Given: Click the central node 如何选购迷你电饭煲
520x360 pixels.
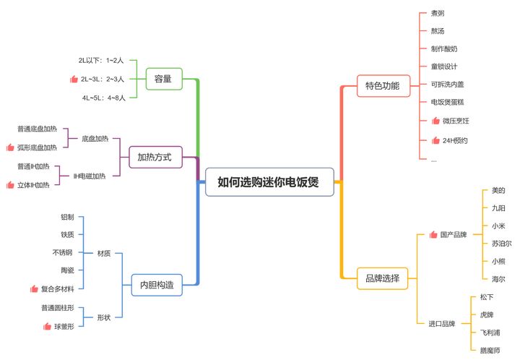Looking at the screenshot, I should pyautogui.click(x=270, y=182).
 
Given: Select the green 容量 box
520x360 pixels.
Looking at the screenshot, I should pyautogui.click(x=163, y=78).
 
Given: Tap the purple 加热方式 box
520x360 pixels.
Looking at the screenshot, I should pyautogui.click(x=155, y=156).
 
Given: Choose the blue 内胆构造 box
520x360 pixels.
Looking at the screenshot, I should pyautogui.click(x=156, y=285).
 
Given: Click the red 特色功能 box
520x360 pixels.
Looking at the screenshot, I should pyautogui.click(x=382, y=85).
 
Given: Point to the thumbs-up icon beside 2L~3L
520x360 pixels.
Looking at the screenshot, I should pyautogui.click(x=73, y=79).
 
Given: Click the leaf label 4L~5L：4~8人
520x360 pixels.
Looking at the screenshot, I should pyautogui.click(x=103, y=97).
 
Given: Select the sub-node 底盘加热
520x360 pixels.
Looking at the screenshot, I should pyautogui.click(x=95, y=137).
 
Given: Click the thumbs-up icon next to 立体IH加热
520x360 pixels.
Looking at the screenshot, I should pyautogui.click(x=10, y=185).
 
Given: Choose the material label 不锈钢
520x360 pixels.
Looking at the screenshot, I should pyautogui.click(x=62, y=252).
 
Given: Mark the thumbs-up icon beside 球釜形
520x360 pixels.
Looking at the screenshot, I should pyautogui.click(x=47, y=326).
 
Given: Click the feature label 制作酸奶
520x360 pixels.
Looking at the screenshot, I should pyautogui.click(x=443, y=49).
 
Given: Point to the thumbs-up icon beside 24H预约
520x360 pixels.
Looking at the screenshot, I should pyautogui.click(x=435, y=140).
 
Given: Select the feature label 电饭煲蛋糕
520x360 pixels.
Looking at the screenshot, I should pyautogui.click(x=448, y=103).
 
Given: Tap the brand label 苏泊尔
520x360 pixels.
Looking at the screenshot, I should pyautogui.click(x=501, y=244).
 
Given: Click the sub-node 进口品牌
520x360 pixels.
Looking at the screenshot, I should pyautogui.click(x=442, y=323).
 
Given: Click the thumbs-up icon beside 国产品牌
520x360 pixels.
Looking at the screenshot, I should pyautogui.click(x=433, y=235).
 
